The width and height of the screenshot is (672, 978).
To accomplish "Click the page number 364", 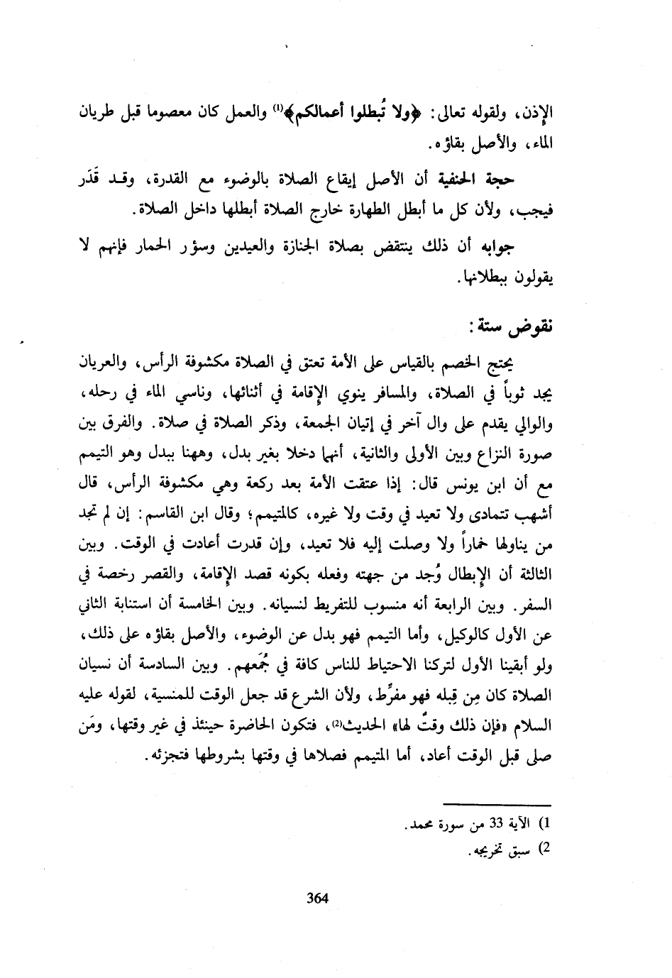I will [316, 898].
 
